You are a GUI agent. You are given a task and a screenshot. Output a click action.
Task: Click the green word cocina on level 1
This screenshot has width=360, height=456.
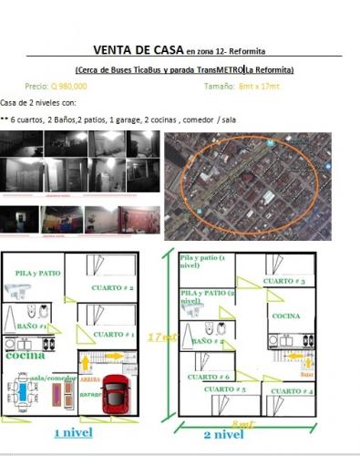click(25, 356)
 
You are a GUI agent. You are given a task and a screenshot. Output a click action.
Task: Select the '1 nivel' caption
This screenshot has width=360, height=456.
click(77, 433)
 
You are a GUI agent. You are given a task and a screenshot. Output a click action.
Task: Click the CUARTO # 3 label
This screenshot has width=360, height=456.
click(284, 281)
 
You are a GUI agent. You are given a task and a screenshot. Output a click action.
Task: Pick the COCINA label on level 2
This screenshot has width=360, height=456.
click(285, 316)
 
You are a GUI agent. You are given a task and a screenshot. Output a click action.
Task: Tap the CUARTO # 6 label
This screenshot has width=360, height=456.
click(208, 377)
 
